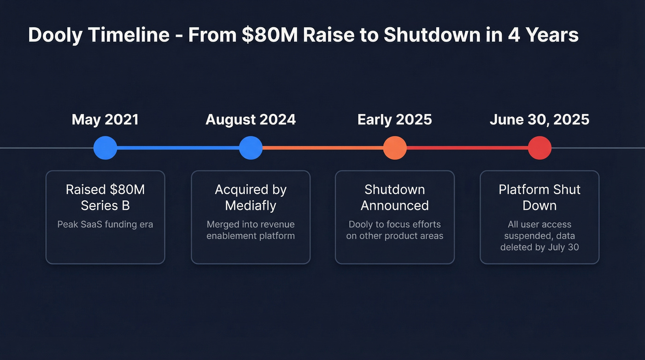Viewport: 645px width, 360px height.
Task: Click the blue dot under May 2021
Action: tap(105, 148)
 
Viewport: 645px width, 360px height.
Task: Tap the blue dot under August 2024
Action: tap(251, 148)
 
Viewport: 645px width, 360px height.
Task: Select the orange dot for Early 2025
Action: tap(395, 148)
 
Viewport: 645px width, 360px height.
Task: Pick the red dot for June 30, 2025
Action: tap(539, 148)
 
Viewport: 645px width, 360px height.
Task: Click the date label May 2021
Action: tap(105, 120)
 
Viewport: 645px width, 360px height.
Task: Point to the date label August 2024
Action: tap(251, 120)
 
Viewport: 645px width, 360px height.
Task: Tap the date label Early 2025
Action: tap(395, 120)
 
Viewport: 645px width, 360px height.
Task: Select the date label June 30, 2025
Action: tap(539, 120)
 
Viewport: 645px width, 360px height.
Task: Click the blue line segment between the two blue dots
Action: tap(178, 148)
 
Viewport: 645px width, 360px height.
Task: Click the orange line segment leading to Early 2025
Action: tap(322, 148)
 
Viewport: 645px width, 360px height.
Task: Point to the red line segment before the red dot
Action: tap(467, 148)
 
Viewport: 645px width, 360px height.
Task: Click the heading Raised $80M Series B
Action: tap(105, 197)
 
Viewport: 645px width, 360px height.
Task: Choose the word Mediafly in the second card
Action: tap(251, 206)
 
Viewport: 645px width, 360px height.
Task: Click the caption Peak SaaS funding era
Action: tap(105, 224)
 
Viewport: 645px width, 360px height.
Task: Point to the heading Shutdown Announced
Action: tap(395, 197)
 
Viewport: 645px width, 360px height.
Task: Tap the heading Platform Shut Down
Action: tap(539, 197)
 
